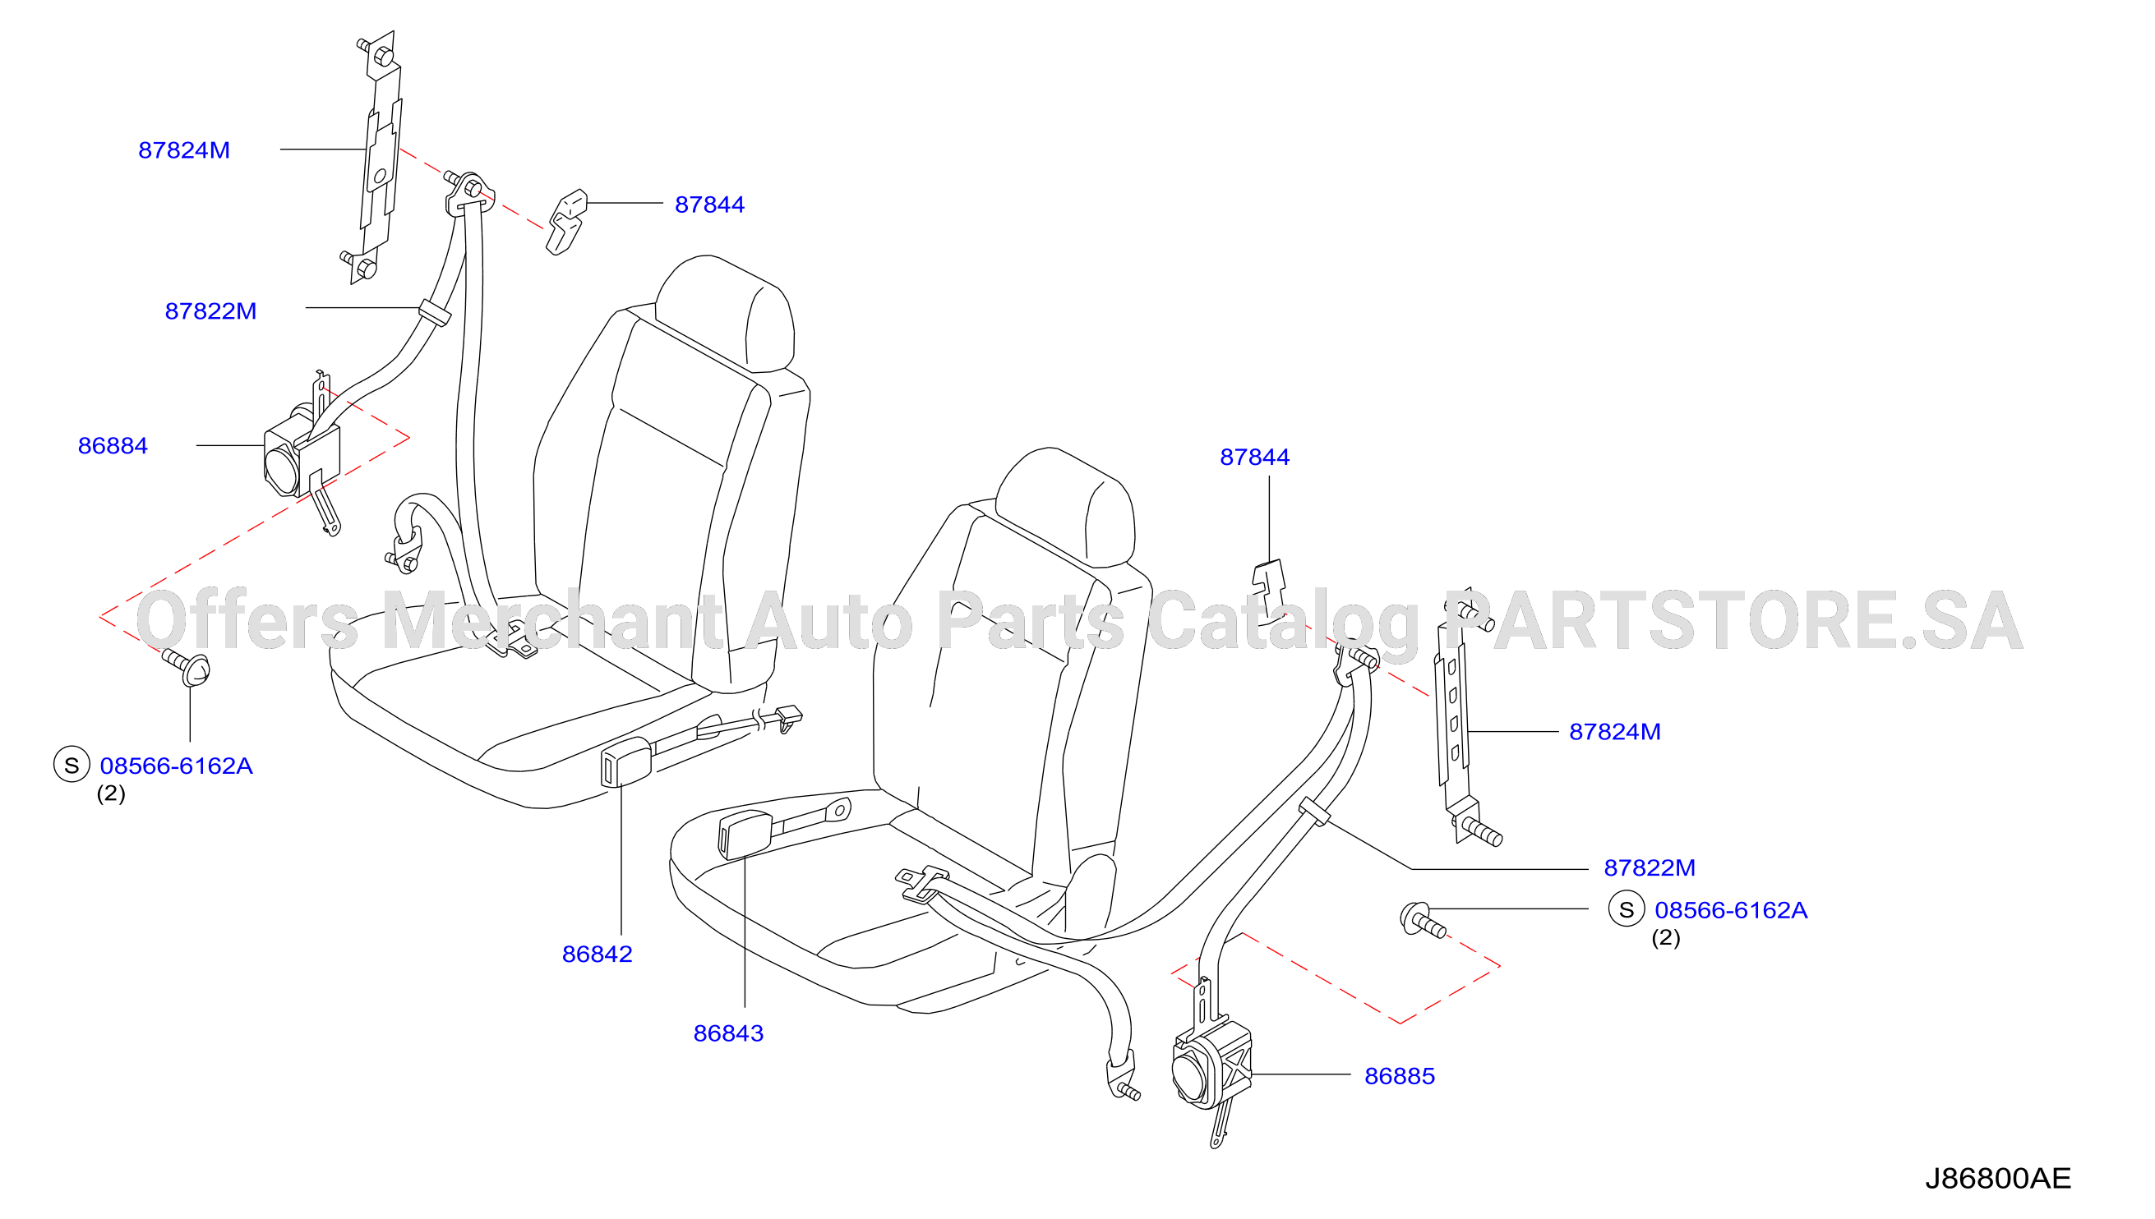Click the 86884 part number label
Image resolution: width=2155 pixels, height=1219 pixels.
coord(113,446)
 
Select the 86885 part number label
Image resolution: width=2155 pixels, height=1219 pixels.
coord(1400,1077)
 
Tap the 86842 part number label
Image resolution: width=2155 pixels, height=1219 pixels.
coord(598,954)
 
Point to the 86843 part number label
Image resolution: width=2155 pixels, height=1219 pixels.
coord(729,1034)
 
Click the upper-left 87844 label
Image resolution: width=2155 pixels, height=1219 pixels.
coord(709,205)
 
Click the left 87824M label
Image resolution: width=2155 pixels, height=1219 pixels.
coord(184,150)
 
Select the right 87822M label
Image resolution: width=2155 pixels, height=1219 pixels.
coord(1649,868)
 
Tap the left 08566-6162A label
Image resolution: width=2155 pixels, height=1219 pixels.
coord(176,766)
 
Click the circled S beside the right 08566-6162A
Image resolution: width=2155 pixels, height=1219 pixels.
coord(1627,910)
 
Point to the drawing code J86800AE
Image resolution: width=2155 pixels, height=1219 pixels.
coord(1997,1179)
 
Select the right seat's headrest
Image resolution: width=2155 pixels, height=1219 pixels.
coord(1066,506)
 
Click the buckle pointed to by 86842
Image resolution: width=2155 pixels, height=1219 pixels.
coord(625,762)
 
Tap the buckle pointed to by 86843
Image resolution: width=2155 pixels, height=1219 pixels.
coord(745,835)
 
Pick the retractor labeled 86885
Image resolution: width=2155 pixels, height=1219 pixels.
coord(1211,1068)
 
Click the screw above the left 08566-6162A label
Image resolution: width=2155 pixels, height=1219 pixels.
coord(187,667)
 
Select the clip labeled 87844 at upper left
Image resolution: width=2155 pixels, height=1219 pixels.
coord(567,222)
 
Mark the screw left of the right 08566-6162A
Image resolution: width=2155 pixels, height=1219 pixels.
coord(1422,920)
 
